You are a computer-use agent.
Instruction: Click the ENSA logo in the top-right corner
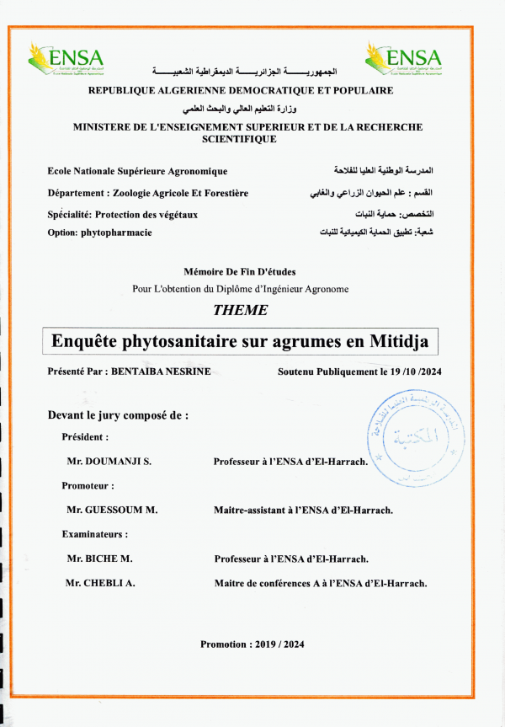404,59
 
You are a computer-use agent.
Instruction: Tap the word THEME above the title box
241,310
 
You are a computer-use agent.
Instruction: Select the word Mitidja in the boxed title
399,342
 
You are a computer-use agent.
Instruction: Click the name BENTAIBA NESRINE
158,372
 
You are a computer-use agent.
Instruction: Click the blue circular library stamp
409,438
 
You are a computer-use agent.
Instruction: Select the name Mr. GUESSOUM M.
112,511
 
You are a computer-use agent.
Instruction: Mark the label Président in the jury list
85,437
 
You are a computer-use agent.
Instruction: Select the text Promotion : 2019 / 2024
252,644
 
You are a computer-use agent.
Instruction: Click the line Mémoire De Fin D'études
239,271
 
